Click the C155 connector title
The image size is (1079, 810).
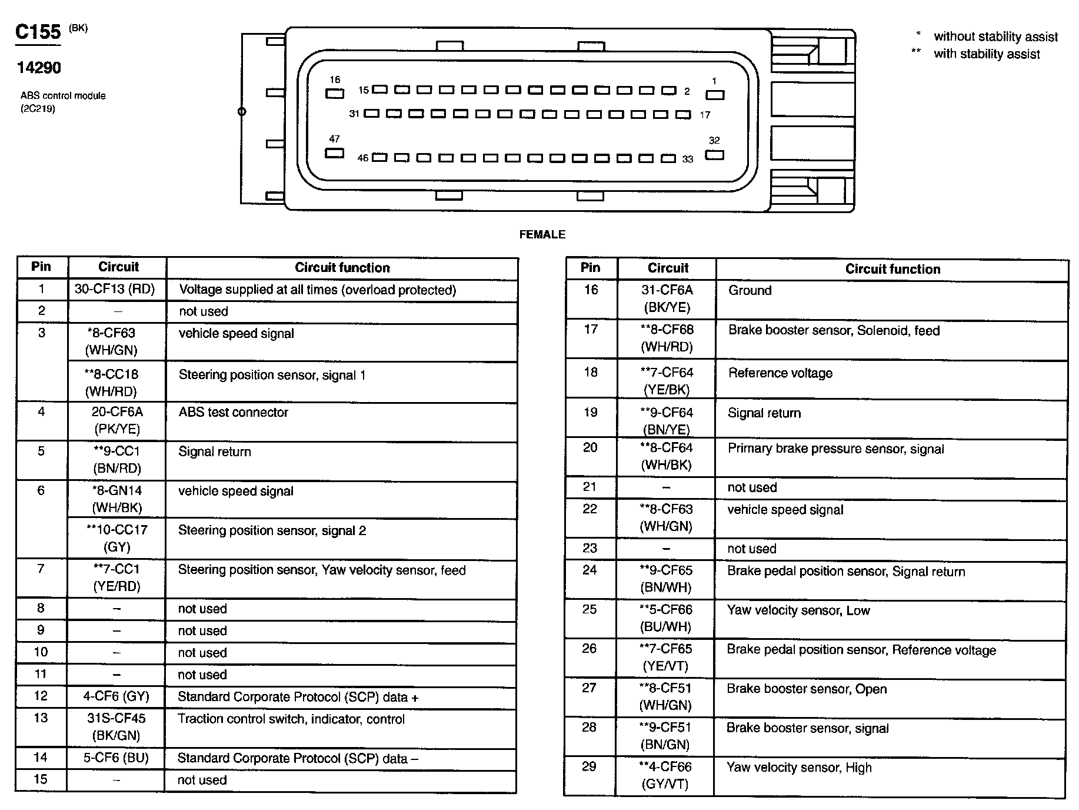click(38, 31)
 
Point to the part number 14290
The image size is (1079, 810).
click(39, 68)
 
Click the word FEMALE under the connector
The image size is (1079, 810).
click(542, 234)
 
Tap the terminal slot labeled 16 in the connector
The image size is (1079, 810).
click(335, 93)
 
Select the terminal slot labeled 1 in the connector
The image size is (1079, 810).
click(715, 95)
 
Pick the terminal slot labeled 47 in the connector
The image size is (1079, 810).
click(334, 153)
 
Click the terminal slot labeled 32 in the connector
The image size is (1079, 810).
click(715, 155)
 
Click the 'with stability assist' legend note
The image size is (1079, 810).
click(987, 54)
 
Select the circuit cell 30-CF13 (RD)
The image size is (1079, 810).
click(115, 289)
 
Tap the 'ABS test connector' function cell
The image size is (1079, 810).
click(234, 412)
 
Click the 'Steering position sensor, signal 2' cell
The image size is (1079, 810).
click(272, 530)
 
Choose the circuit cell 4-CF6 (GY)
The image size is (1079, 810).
click(116, 696)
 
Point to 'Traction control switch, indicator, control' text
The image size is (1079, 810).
click(291, 719)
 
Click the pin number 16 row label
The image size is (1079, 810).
click(591, 290)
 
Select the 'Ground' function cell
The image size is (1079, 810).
click(750, 290)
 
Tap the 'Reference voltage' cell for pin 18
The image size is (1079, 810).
click(780, 373)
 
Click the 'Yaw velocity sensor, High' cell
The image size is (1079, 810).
click(799, 767)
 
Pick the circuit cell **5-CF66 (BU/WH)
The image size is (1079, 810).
click(666, 618)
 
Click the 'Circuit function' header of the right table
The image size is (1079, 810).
click(892, 269)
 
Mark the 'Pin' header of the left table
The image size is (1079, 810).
click(41, 267)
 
